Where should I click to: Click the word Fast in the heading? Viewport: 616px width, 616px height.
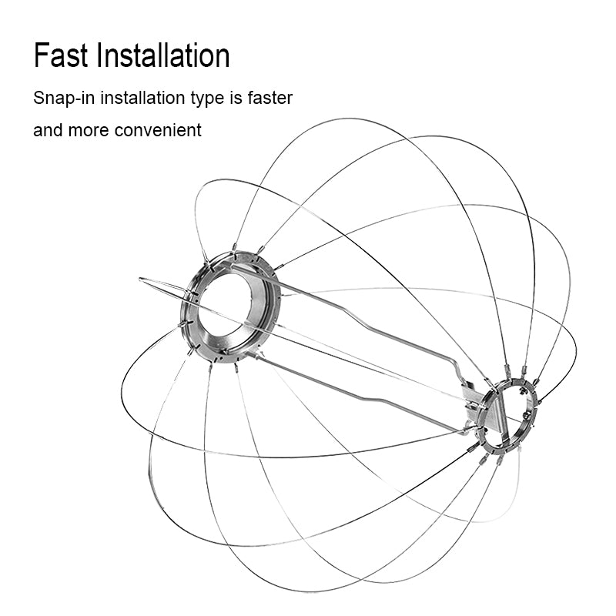[x=61, y=55]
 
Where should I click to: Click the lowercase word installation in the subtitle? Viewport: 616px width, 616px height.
[x=143, y=98]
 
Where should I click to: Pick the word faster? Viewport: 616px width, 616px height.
[x=270, y=98]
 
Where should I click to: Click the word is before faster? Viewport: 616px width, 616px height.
[x=236, y=98]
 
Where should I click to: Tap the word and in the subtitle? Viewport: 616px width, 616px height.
[x=49, y=129]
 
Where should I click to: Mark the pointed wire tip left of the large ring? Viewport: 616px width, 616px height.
[x=141, y=279]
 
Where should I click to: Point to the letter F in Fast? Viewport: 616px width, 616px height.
[x=41, y=55]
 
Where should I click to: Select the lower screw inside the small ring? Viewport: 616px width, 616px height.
[x=525, y=416]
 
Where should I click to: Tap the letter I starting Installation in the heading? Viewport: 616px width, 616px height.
[x=99, y=55]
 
